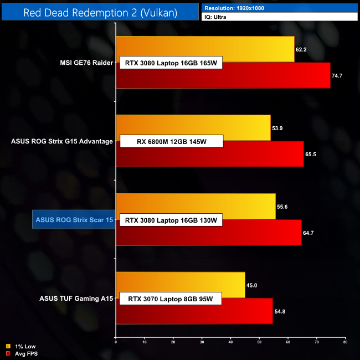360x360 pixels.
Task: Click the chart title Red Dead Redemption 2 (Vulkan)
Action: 100,13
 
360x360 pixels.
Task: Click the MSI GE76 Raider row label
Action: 85,63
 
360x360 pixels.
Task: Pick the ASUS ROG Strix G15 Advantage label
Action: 62,141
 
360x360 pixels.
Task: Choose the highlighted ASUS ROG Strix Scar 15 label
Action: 74,220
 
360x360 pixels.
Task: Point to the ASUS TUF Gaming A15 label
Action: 76,299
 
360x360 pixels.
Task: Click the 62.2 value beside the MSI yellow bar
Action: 301,49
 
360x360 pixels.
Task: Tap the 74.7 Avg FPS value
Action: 337,75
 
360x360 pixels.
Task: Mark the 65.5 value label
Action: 310,154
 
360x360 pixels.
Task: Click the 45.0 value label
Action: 252,285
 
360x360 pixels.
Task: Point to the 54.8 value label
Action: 280,311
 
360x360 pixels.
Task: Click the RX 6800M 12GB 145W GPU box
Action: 171,142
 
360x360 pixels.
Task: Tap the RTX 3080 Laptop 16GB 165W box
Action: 171,63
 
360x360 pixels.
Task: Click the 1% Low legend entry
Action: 22,347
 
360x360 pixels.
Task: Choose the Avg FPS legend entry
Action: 24,353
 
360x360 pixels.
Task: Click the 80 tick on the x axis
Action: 345,342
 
